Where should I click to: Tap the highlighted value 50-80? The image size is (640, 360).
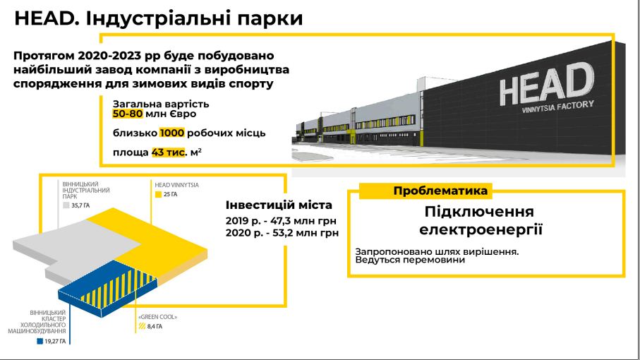click(x=128, y=114)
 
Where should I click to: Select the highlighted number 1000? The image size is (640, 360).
click(x=172, y=133)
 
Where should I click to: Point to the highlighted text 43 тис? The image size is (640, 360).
click(x=168, y=152)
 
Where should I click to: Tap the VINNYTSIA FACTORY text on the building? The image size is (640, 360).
click(x=557, y=107)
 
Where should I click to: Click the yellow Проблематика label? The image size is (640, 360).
click(x=440, y=191)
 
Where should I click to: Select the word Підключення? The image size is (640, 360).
click(x=479, y=212)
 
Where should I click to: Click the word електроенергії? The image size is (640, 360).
click(x=481, y=229)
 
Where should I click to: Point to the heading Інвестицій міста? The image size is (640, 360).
click(x=279, y=205)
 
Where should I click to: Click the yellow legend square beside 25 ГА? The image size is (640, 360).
click(x=159, y=195)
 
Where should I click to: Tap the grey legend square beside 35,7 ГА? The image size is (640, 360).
click(x=66, y=205)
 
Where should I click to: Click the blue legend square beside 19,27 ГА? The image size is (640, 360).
click(x=40, y=341)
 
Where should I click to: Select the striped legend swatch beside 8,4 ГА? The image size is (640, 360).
click(x=142, y=326)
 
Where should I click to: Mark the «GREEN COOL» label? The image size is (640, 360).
click(x=158, y=317)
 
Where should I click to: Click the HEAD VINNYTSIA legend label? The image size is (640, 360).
click(x=176, y=185)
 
